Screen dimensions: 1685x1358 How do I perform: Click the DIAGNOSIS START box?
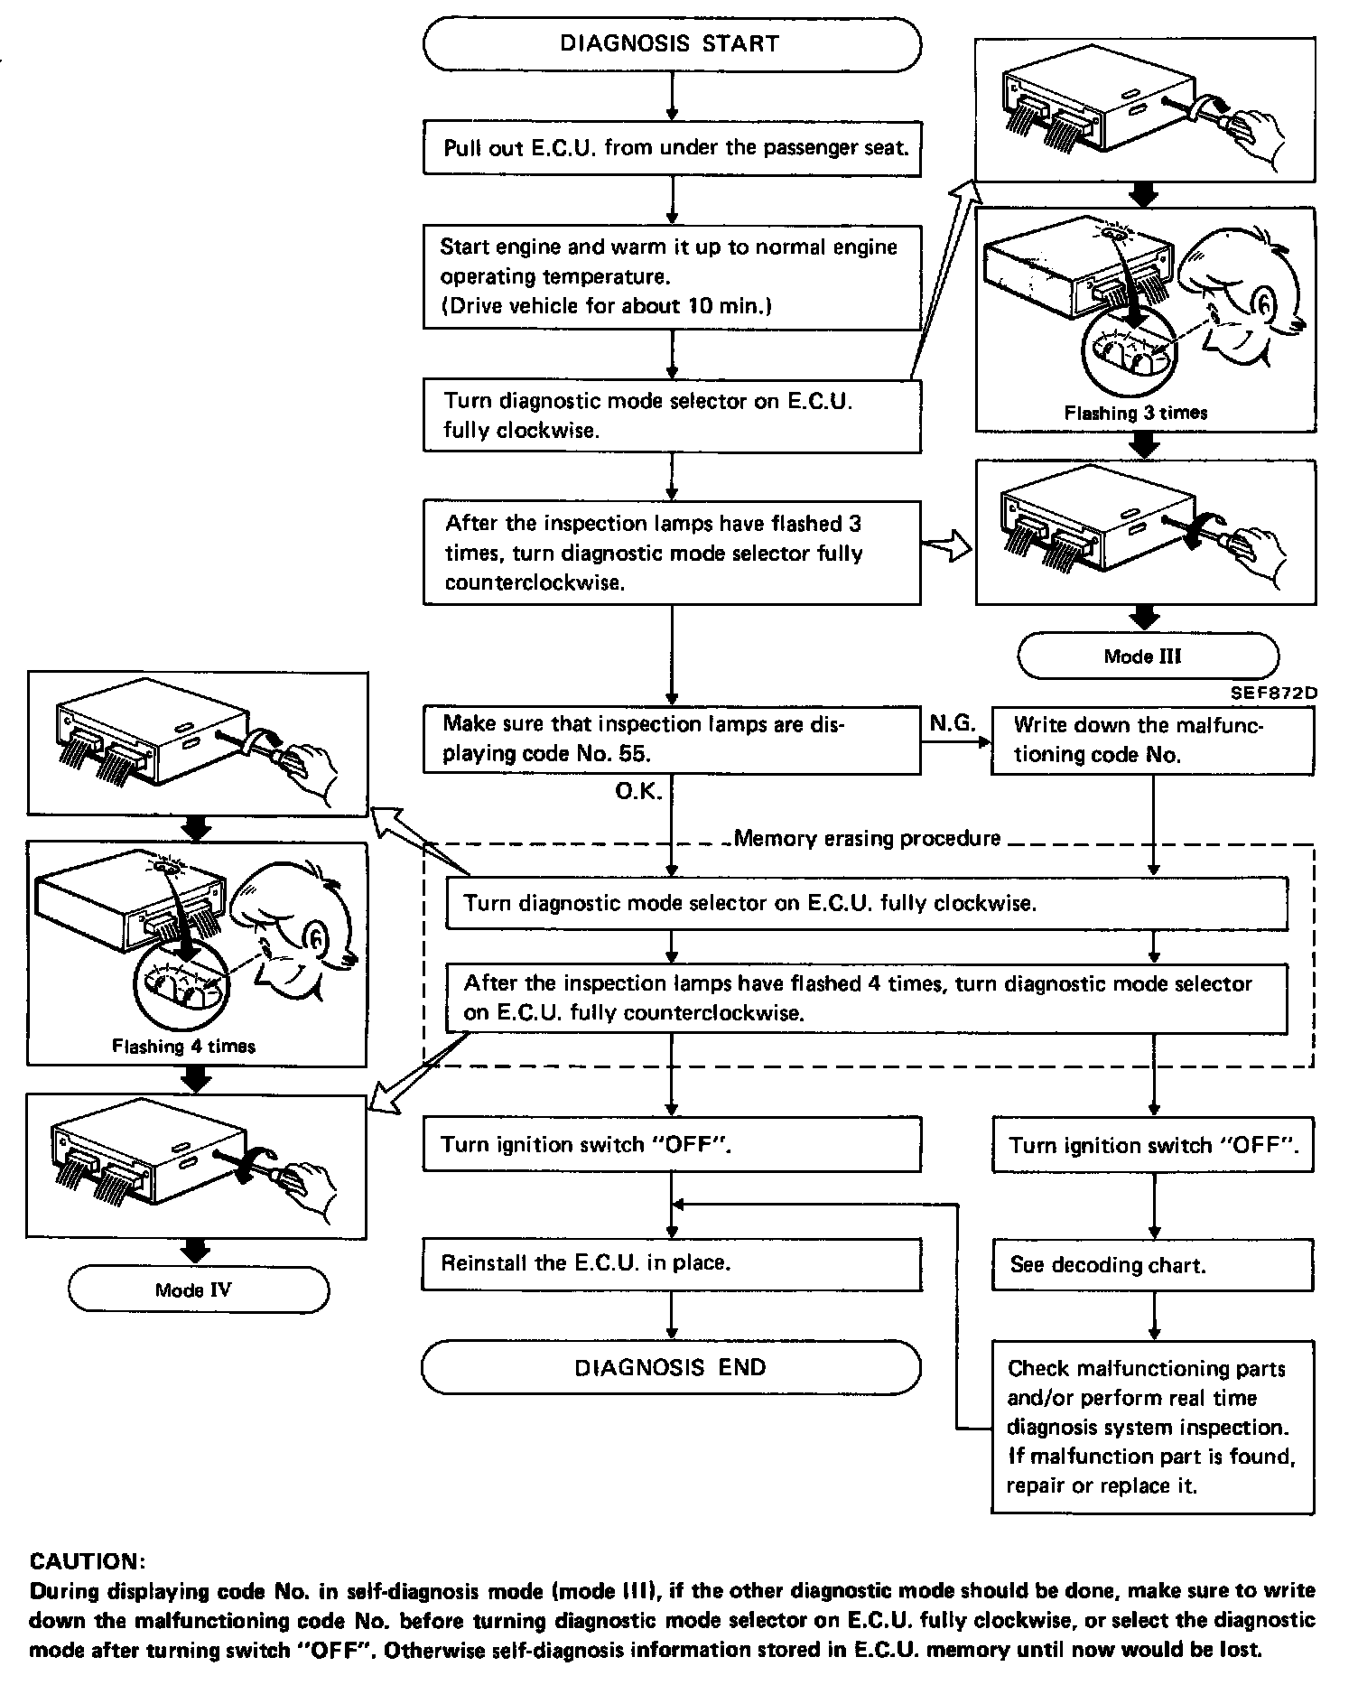671,44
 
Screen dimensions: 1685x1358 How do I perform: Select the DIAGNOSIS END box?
671,1367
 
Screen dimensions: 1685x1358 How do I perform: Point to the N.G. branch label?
952,722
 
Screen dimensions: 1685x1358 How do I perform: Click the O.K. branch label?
638,792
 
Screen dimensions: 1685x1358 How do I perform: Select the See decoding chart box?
1152,1265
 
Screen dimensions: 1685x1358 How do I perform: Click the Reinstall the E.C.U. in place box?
671,1263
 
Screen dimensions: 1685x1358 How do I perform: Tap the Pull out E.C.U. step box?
671,148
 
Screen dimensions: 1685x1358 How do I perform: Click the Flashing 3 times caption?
1135,414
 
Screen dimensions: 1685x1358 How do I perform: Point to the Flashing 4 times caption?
183,1047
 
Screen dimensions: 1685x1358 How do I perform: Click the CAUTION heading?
88,1561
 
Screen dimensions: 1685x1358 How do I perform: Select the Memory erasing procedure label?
867,839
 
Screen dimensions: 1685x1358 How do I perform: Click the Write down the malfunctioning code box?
1152,740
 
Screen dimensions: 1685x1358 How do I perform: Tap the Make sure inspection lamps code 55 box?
671,740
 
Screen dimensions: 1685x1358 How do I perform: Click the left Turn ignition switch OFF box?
671,1145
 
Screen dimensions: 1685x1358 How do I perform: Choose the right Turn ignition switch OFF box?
1152,1145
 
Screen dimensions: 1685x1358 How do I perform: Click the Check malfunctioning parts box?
1152,1427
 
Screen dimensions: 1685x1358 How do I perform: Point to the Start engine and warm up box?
671,276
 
